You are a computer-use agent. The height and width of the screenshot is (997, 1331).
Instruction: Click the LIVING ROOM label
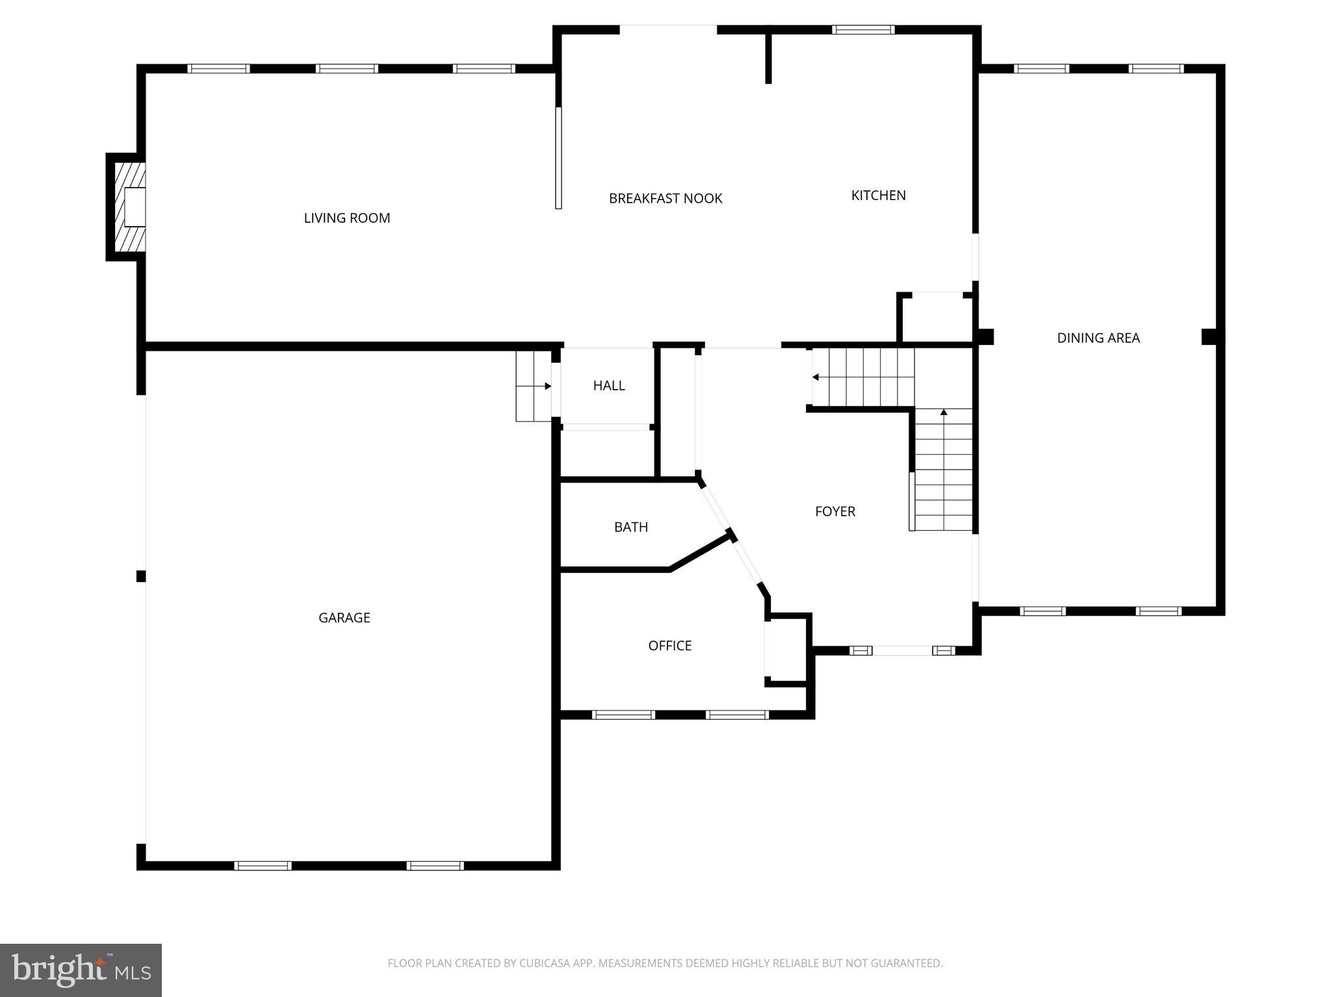pos(347,218)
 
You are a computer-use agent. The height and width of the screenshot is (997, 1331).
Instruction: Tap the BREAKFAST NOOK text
pos(665,199)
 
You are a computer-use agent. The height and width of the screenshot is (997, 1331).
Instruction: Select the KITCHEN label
pos(878,196)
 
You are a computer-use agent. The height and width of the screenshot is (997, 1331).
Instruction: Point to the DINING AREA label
pos(1098,338)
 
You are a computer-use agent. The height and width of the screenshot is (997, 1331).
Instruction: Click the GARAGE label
pos(344,618)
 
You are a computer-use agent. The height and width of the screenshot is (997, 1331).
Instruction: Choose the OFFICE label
pos(669,646)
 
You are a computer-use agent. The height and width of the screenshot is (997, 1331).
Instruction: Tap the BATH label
pos(630,527)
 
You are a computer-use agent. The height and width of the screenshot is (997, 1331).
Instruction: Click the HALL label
pos(608,386)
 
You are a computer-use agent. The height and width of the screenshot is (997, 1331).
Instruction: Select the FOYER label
pos(834,512)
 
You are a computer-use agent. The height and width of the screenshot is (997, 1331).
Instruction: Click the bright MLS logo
pos(81,970)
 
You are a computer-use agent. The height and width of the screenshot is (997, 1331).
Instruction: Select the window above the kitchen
pos(863,29)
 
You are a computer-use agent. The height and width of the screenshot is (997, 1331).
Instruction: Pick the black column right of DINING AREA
pos(1209,336)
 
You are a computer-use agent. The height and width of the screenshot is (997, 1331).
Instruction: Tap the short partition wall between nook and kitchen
pos(768,57)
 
